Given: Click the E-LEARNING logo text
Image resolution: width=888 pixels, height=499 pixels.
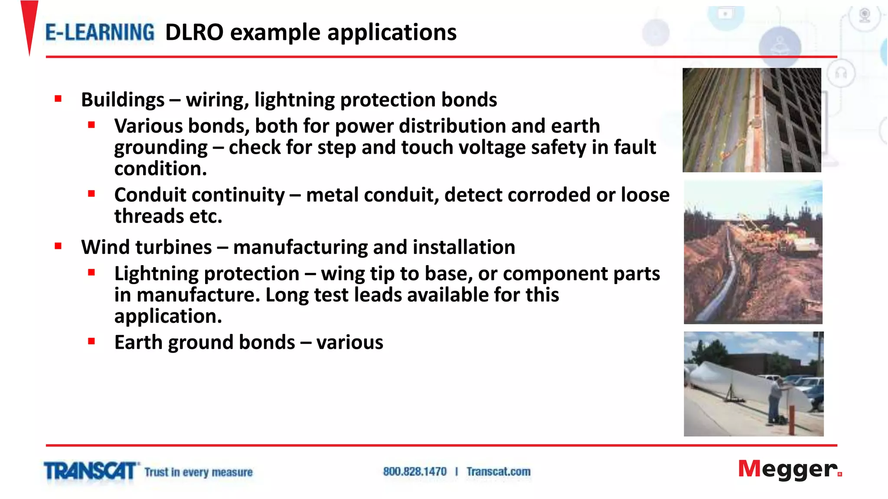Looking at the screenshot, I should coord(100,33).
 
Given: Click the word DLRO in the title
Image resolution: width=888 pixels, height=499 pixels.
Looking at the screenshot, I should coord(194,33).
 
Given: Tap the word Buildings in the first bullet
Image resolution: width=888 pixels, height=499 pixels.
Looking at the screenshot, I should coord(123,100).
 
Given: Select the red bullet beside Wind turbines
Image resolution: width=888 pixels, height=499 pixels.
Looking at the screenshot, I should coord(58,246).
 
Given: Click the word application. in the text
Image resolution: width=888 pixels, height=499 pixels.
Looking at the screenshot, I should coord(168,316).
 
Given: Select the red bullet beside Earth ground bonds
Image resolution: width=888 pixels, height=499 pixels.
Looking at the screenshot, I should coord(91,341).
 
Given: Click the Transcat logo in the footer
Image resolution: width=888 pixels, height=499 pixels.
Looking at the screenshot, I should coord(90,471).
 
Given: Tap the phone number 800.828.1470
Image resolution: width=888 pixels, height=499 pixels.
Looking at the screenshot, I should coord(415,472).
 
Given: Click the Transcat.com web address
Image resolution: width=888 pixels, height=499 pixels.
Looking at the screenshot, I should coord(498,472).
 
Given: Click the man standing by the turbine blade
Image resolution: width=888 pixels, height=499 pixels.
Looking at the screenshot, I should coord(775,401).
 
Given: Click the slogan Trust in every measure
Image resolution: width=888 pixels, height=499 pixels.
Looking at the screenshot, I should coord(199,472).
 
